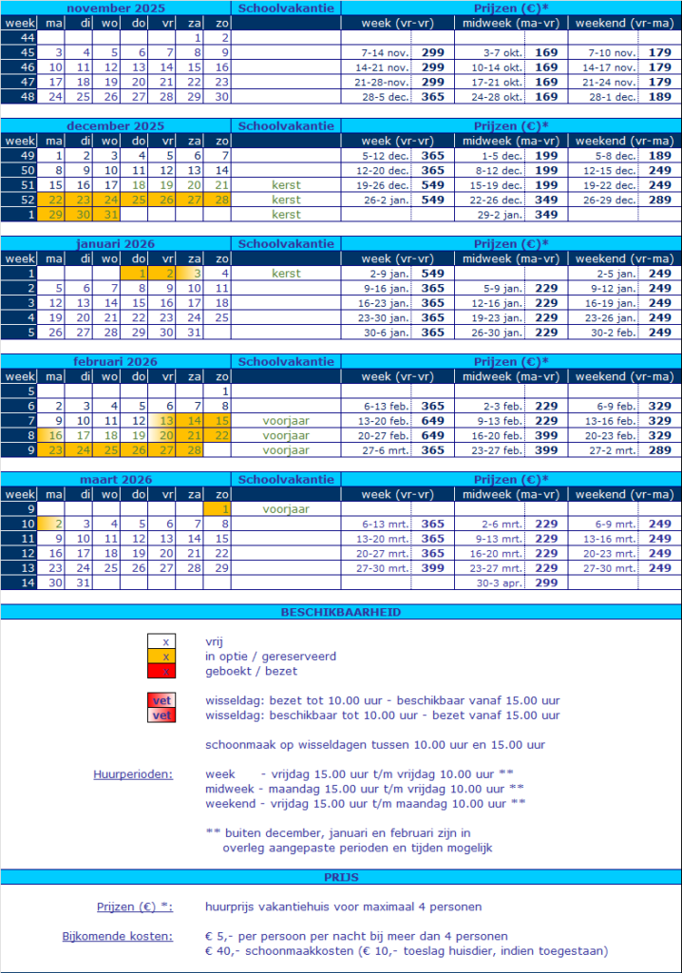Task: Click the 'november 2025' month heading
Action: (116, 8)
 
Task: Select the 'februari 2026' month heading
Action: (116, 361)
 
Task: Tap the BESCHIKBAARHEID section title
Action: (340, 613)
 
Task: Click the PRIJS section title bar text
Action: (340, 876)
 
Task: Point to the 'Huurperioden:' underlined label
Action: (133, 773)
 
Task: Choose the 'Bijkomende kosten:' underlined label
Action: (118, 936)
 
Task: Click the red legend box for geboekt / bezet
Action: (166, 671)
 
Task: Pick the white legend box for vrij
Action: (166, 641)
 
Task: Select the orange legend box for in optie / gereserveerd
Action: (166, 657)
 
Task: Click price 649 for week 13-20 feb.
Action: (432, 420)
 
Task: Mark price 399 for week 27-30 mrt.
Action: (432, 567)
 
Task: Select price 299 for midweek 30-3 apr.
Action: (546, 582)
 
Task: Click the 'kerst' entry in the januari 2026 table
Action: (286, 273)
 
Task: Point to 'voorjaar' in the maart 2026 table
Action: (286, 508)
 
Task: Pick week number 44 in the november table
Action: (18, 37)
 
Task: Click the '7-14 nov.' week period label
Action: (384, 52)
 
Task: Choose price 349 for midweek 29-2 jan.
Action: (546, 215)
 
